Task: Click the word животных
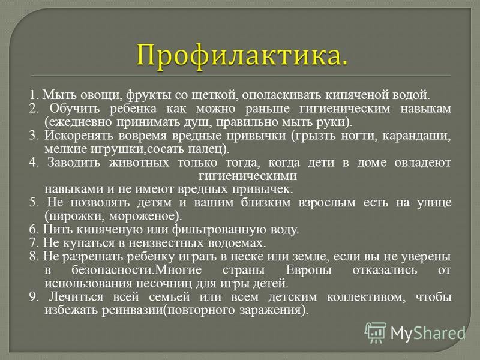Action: pyautogui.click(x=139, y=163)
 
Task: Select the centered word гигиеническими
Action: pyautogui.click(x=247, y=176)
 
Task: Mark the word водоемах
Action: pyautogui.click(x=236, y=243)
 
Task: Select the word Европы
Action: pyautogui.click(x=308, y=271)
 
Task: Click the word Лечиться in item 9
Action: pyautogui.click(x=76, y=297)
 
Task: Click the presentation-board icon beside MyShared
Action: pyautogui.click(x=376, y=332)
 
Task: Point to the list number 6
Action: pyautogui.click(x=33, y=230)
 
